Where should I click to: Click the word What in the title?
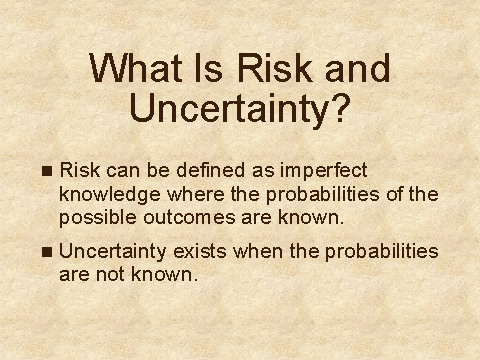pos(136,68)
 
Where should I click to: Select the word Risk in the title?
pos(274,68)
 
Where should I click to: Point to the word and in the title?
pos(358,68)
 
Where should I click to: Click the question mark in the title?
pos(341,108)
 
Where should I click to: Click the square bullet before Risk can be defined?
pos(47,171)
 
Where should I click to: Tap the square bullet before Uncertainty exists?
pos(47,252)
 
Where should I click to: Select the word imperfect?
pos(324,172)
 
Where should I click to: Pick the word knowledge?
pos(109,195)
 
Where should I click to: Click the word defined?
pos(210,170)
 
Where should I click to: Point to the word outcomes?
pos(189,217)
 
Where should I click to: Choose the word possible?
pos(98,219)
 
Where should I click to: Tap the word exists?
pos(200,251)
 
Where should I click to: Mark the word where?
pos(196,194)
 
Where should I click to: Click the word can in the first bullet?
pos(123,171)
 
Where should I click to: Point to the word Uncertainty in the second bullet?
pos(113,253)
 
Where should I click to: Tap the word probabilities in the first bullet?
pos(322,195)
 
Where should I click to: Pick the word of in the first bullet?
pos(394,194)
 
